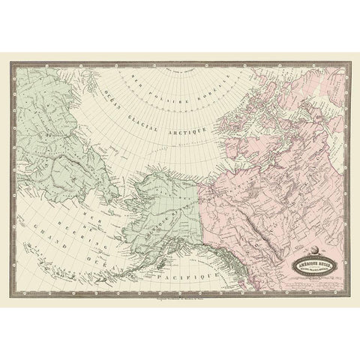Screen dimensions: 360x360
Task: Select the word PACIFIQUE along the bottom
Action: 190,277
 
